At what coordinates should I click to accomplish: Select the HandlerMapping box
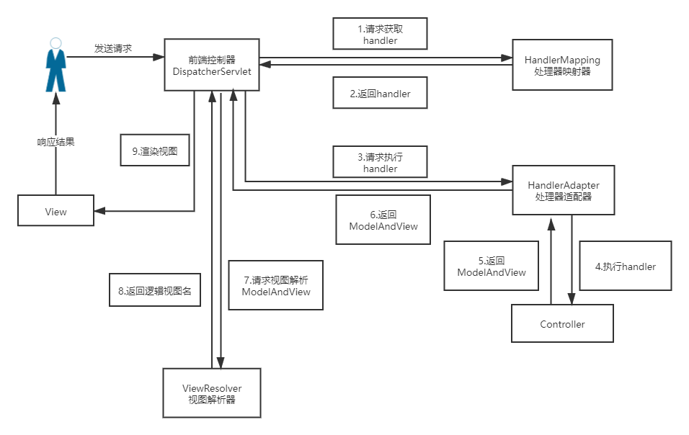coord(562,64)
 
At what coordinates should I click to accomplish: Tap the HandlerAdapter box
coord(563,190)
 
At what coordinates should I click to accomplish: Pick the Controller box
coord(562,323)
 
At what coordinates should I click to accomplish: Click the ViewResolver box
coord(212,393)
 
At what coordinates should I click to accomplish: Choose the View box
coord(55,212)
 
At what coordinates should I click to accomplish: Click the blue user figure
coord(55,65)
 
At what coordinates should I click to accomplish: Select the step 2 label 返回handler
coord(380,94)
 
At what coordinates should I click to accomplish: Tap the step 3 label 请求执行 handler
coord(380,161)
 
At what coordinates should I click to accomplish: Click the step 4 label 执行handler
coord(625,266)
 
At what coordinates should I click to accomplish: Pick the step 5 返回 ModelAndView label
coord(492,266)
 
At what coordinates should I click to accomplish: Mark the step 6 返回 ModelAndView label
coord(383,220)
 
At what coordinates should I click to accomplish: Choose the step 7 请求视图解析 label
coord(276,285)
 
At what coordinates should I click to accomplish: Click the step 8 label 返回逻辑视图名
coord(154,291)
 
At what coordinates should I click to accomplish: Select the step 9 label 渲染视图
coord(155,152)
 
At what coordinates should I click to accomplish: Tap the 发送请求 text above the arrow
coord(114,48)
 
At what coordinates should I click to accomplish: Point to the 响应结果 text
coord(56,142)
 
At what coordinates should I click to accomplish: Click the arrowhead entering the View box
coord(99,211)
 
